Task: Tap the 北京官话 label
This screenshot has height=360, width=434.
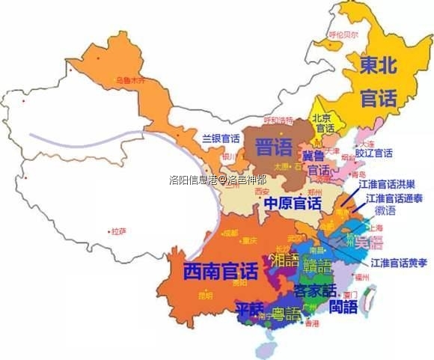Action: click(x=323, y=123)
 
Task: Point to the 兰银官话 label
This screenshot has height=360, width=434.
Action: click(x=221, y=138)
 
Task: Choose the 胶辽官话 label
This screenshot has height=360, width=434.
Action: click(x=373, y=153)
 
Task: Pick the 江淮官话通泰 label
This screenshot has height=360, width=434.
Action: click(x=394, y=199)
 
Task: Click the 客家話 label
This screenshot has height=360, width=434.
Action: click(x=314, y=290)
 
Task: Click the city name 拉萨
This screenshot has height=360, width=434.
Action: click(x=118, y=232)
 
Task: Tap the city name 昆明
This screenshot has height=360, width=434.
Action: click(x=204, y=296)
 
